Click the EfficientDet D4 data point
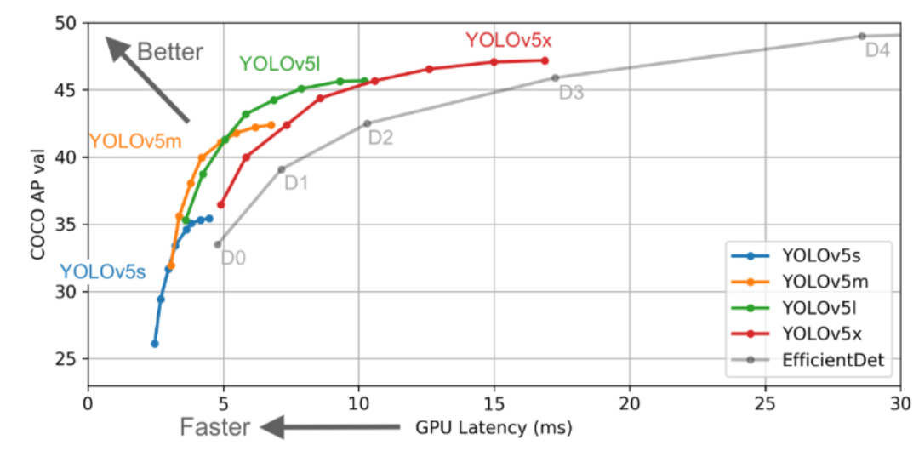(861, 36)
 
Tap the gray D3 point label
(571, 93)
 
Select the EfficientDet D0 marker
(217, 244)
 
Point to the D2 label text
(380, 137)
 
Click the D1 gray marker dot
(282, 169)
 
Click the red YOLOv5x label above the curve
(509, 40)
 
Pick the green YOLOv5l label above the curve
(278, 64)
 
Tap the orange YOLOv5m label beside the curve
(135, 141)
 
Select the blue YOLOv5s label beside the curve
(102, 272)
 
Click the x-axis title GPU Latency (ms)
(493, 425)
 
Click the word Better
(170, 52)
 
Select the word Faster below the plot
(214, 426)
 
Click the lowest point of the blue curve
(155, 344)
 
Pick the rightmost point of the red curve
(545, 60)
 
